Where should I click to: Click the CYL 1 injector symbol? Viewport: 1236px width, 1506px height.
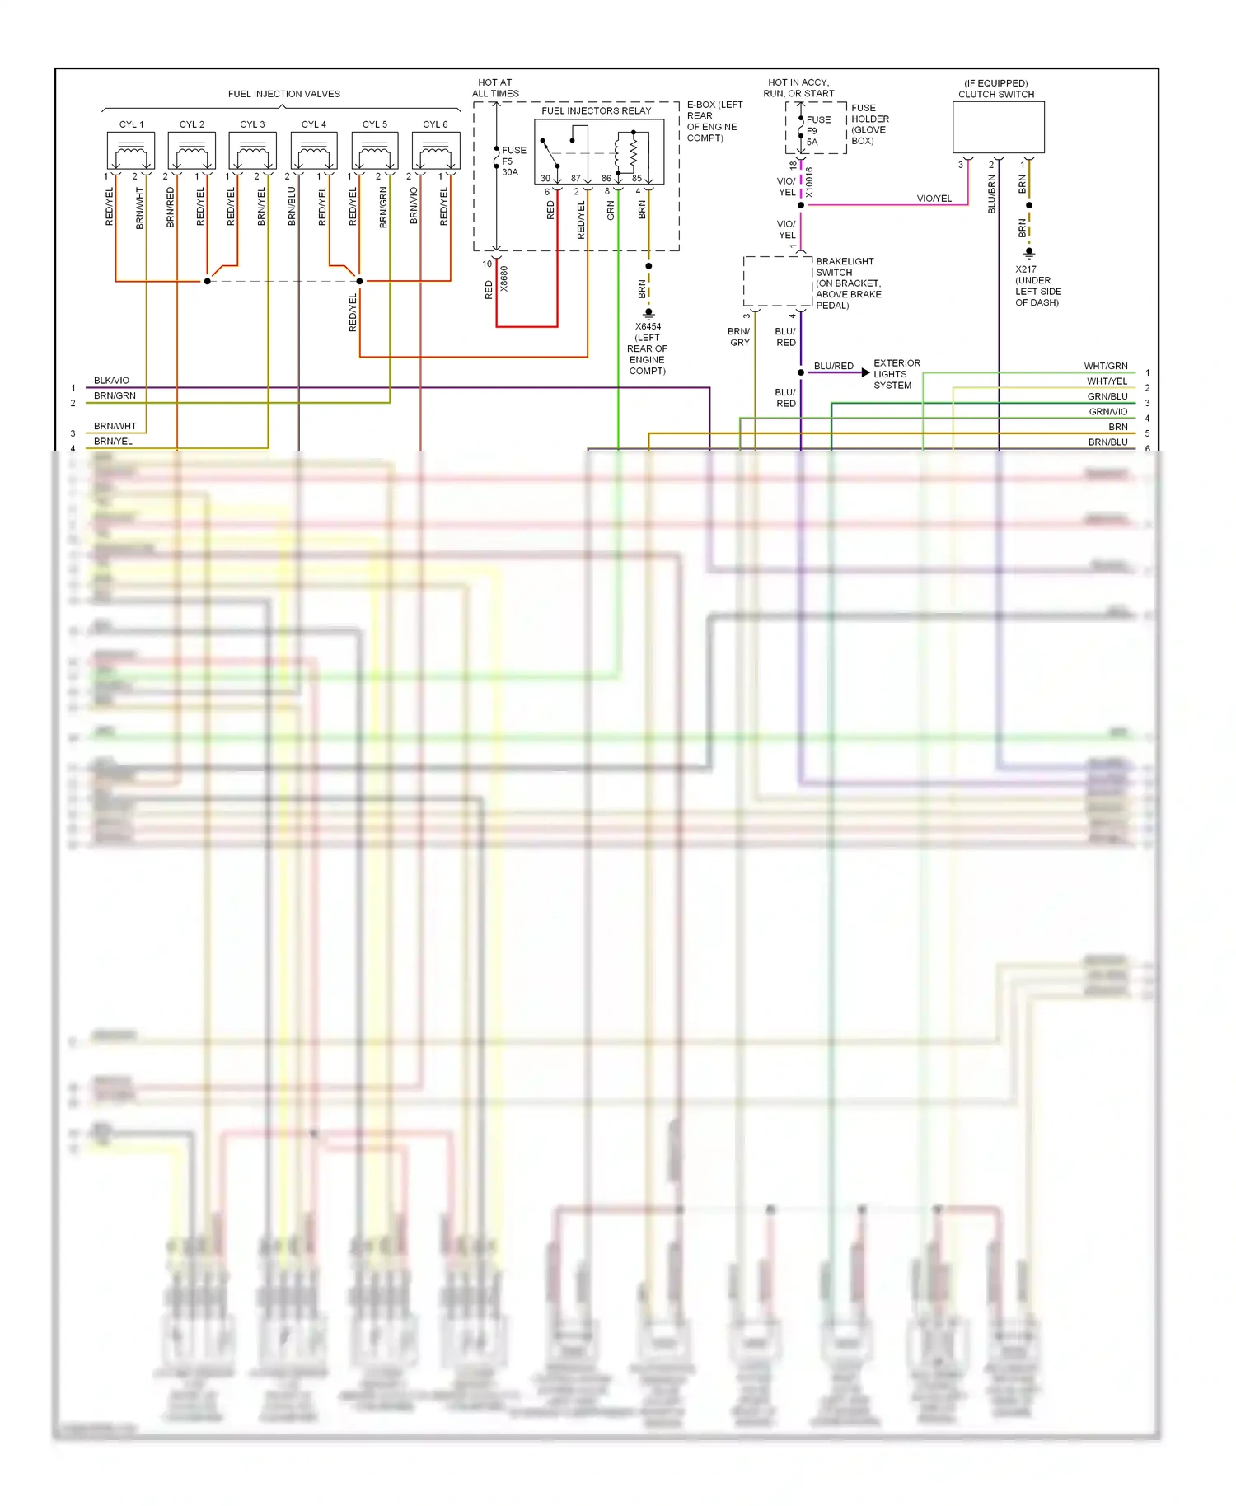point(130,152)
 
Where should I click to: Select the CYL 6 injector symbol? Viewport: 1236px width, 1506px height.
point(435,152)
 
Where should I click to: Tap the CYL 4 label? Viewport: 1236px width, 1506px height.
point(313,124)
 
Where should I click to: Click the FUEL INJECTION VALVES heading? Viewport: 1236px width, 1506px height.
point(283,94)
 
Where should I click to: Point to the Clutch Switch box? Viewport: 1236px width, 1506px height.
point(998,127)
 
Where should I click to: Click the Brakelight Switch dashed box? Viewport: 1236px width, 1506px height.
point(777,281)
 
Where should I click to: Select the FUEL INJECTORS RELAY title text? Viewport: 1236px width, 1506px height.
point(596,110)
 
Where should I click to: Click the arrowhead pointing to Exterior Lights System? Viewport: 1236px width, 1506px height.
point(864,372)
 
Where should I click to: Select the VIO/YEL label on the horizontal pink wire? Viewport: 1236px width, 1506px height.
point(934,199)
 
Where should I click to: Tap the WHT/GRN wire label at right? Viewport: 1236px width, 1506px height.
point(1105,366)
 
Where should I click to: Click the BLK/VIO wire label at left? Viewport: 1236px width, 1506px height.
point(111,381)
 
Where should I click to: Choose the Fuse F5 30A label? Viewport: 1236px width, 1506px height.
point(513,161)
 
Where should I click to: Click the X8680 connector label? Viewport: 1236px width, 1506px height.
point(504,278)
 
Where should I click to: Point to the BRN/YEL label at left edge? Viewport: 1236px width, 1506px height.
point(113,442)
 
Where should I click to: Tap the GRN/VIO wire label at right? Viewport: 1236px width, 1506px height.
point(1107,412)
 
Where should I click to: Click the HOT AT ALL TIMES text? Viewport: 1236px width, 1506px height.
point(495,88)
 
